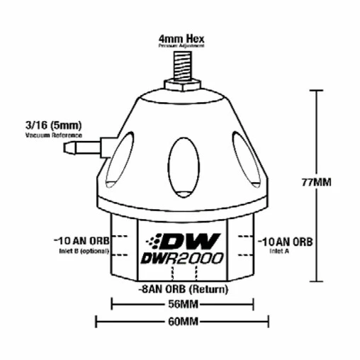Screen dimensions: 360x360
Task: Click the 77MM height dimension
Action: point(315,181)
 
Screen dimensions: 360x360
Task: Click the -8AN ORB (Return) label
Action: point(182,290)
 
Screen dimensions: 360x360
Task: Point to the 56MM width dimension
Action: point(182,305)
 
